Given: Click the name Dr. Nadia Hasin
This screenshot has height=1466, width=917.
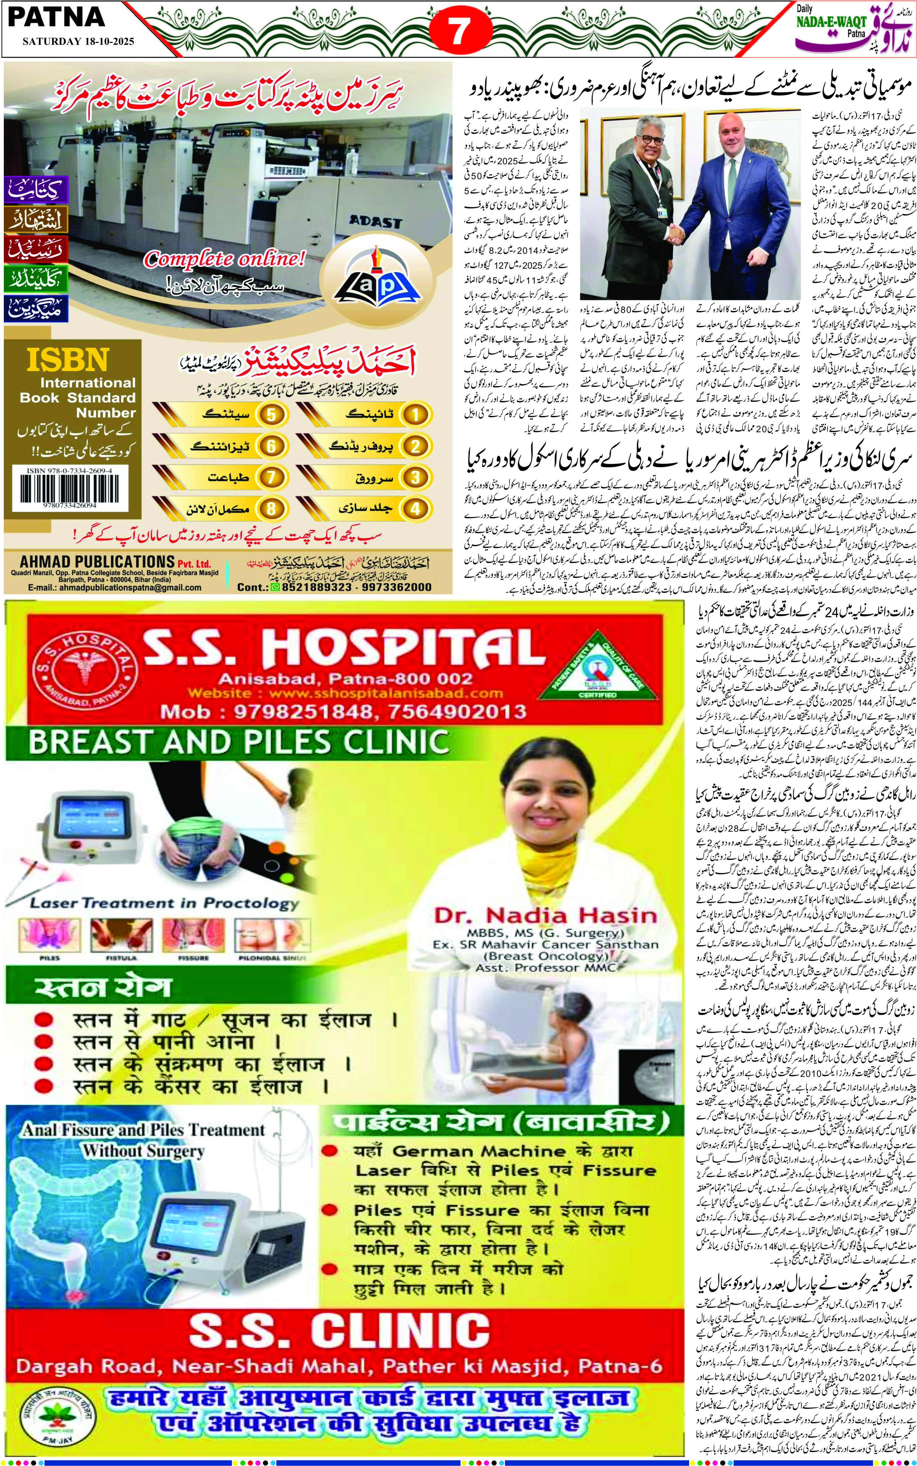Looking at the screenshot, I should [545, 916].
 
